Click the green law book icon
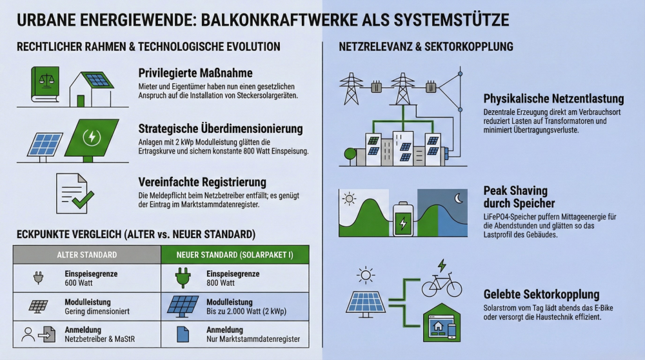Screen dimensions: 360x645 [x=45, y=86]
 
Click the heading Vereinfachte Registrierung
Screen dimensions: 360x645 [x=202, y=183]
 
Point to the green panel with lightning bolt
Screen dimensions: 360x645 [x=92, y=137]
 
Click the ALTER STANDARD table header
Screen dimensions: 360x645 [x=86, y=255]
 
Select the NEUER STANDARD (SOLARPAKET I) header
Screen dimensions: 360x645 [x=235, y=255]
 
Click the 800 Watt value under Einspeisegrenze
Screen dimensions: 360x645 [x=221, y=283]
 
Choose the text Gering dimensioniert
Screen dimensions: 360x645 [x=97, y=311]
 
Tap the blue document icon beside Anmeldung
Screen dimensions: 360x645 [x=182, y=334]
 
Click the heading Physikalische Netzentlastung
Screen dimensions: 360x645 [x=553, y=99]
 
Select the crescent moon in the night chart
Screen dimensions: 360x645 [x=459, y=199]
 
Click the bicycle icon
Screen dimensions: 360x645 [x=442, y=285]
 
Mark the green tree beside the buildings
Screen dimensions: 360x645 [x=350, y=155]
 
